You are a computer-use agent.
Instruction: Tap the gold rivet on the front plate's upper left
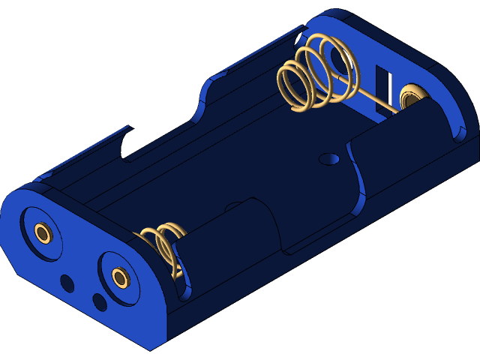43,233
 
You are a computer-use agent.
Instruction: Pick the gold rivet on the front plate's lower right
120,278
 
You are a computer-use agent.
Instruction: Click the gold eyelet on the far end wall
412,97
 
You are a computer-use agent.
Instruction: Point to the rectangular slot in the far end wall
383,86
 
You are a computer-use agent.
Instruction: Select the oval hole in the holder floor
328,159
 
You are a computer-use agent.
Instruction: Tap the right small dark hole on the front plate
100,301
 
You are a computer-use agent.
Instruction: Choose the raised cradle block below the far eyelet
397,142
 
